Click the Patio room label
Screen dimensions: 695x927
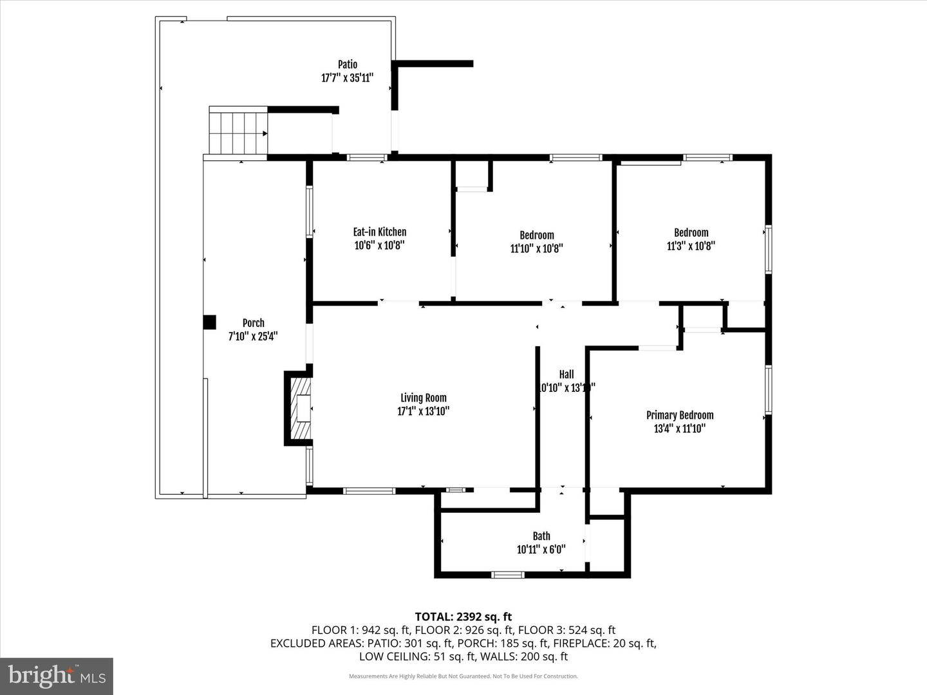coord(348,64)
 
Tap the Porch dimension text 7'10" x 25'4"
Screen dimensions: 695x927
coord(253,337)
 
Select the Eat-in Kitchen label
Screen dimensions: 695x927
coord(379,232)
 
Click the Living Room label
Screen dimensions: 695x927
coord(423,398)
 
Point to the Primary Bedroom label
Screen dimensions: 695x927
coord(680,415)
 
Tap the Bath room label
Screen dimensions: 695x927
coord(541,536)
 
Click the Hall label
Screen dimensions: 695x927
coord(566,374)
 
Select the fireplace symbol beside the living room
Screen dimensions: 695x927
coord(299,408)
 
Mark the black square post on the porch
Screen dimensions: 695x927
coord(209,322)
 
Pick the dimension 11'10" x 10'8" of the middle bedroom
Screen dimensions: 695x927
coord(537,249)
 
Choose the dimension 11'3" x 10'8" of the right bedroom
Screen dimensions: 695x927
coord(691,246)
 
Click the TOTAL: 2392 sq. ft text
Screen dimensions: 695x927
coord(464,616)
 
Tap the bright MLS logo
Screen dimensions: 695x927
coord(57,676)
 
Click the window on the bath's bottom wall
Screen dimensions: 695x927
coord(508,574)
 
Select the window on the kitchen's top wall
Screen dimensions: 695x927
coord(366,157)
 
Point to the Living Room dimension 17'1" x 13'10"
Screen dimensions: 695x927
coord(423,411)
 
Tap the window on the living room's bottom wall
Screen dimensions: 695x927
coord(369,490)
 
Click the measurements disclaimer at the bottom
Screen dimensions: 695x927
coord(464,676)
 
